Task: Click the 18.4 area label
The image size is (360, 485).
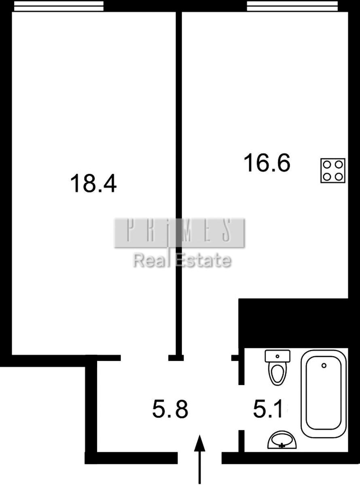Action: tap(93, 183)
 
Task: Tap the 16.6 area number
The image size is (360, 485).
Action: tap(267, 162)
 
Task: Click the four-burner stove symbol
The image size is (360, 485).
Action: tap(332, 171)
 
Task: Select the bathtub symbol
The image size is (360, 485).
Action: tap(324, 391)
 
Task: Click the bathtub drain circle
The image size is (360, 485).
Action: tap(324, 365)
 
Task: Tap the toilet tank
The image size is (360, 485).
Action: tap(277, 356)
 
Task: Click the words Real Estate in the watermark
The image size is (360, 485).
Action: tap(182, 260)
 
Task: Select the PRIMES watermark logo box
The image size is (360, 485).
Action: tap(180, 233)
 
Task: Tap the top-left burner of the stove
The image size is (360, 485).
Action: tap(327, 165)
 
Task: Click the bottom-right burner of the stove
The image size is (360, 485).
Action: tap(339, 177)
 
